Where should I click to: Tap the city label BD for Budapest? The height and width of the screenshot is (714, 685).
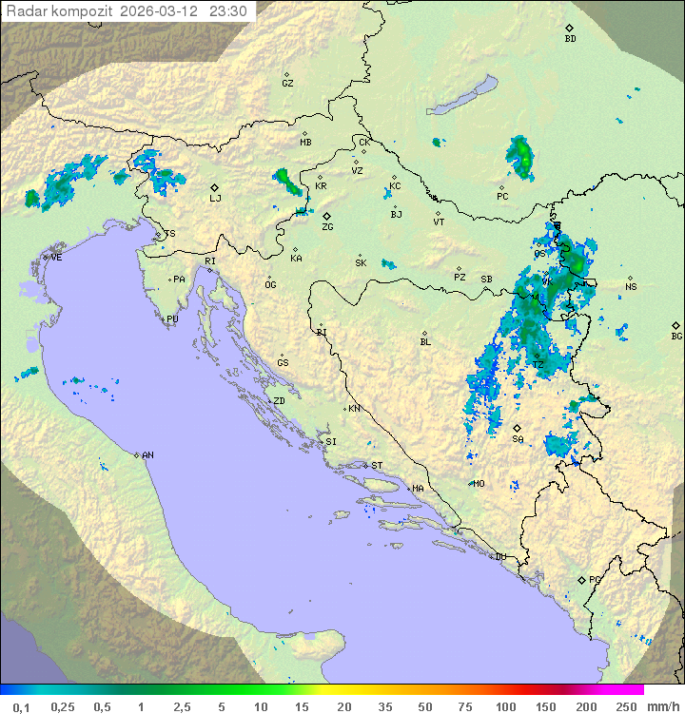(570, 39)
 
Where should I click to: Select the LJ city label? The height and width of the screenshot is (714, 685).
(215, 198)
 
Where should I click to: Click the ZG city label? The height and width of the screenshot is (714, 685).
(327, 227)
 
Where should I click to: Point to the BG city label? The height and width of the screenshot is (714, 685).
(676, 336)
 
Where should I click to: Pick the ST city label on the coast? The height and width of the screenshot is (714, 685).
(376, 466)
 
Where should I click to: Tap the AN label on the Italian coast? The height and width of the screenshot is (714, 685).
(147, 455)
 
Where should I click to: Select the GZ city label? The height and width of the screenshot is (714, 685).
(287, 84)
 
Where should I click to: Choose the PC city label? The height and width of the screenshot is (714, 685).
(502, 197)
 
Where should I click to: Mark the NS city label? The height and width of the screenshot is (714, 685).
(631, 287)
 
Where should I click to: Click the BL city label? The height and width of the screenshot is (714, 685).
(425, 342)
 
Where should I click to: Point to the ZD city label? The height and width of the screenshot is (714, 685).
(279, 401)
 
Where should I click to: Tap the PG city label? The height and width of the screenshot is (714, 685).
(595, 580)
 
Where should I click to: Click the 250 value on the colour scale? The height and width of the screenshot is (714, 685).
(626, 706)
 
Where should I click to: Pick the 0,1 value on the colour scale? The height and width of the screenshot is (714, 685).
(21, 706)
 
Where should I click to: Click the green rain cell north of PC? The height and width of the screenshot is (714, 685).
(519, 157)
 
